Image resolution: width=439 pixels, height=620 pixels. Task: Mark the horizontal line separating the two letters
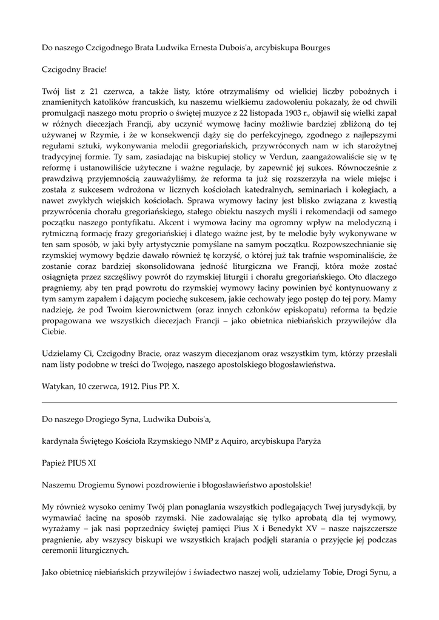tap(219, 402)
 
